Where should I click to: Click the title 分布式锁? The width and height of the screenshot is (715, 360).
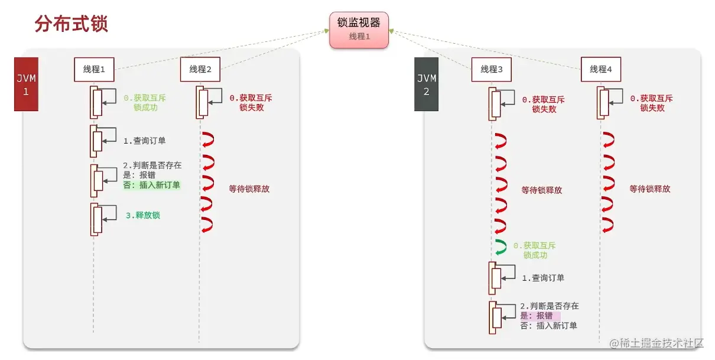coord(71,24)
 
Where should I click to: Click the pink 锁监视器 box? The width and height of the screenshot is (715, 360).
coord(359,30)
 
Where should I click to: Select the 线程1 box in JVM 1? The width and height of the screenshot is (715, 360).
coord(94,70)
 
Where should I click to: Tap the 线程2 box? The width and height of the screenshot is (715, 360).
coord(200,70)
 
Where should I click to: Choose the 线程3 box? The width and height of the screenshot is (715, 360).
coord(491,70)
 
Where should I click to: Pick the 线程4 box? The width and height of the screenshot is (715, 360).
coord(600,70)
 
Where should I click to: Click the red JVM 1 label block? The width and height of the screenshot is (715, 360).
coord(26,84)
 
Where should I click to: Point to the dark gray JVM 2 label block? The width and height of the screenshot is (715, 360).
coord(426,84)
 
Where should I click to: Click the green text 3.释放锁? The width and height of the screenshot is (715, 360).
coord(142,215)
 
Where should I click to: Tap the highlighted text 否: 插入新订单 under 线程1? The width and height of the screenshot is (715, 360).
coord(151,185)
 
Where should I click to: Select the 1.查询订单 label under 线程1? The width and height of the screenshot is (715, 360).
coord(144,141)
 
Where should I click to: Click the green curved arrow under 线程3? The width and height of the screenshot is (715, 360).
coord(500,248)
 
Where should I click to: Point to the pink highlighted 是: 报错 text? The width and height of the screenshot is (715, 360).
coord(539,316)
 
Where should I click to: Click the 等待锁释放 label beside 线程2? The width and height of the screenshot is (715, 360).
coord(249,189)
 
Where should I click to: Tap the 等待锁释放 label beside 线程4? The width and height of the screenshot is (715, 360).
coord(649,189)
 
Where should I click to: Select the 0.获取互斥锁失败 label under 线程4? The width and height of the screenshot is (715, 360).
coord(651,103)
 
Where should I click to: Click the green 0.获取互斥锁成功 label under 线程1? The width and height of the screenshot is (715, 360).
coord(141,103)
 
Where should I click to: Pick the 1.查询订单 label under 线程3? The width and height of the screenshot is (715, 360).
coord(542,278)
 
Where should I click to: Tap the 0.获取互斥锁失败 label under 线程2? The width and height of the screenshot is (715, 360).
coord(251,103)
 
